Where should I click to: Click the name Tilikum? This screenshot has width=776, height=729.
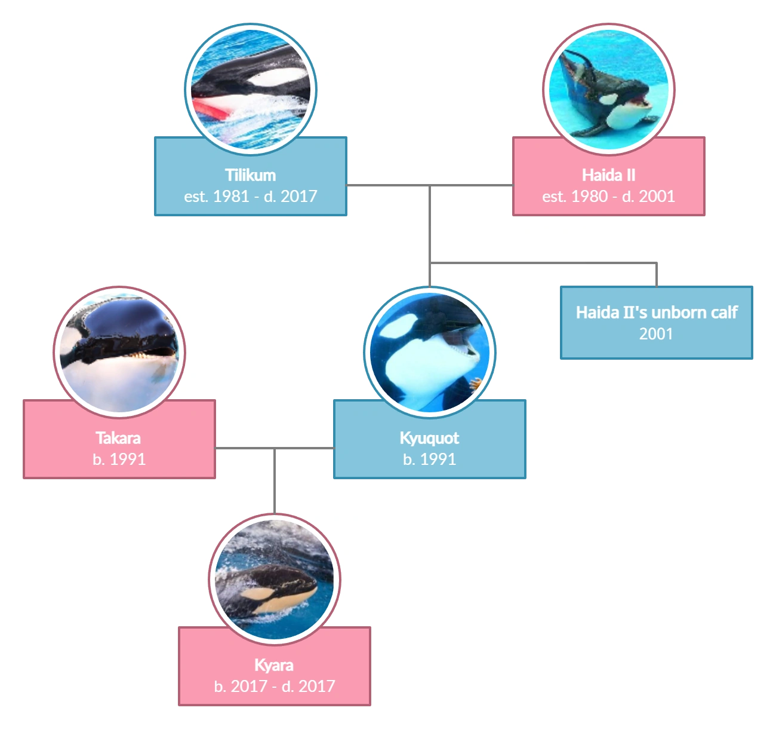pos(250,175)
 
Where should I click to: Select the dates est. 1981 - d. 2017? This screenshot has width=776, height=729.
pos(250,196)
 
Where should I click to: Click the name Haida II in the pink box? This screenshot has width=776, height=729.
pos(608,175)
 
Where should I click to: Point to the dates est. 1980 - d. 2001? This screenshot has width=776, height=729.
pos(608,196)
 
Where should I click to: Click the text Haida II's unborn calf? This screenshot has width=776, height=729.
pos(657,313)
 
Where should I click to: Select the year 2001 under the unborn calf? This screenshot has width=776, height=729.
pos(656,333)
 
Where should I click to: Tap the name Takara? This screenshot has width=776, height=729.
pos(118,438)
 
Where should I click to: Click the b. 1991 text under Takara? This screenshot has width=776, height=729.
pos(119,459)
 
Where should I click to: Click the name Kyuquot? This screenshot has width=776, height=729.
pos(429,438)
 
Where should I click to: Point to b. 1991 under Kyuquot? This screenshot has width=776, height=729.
pos(429,459)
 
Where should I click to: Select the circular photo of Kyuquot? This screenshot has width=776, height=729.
pos(430,351)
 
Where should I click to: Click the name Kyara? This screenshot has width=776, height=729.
pos(274,665)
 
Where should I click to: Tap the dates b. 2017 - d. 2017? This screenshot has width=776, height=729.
pos(274,686)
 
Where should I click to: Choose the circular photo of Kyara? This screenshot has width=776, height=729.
pos(275,580)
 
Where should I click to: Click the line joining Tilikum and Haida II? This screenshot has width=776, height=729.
pos(472,184)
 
